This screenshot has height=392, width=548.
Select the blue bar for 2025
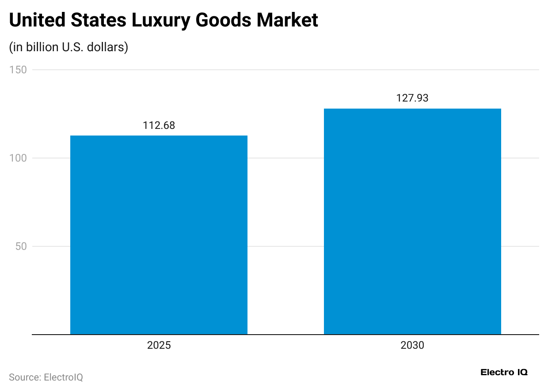click(159, 235)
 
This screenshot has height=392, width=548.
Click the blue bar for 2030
click(412, 222)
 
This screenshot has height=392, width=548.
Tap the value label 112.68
click(159, 126)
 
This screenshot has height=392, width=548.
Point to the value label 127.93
click(412, 98)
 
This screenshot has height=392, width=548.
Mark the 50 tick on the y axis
click(21, 246)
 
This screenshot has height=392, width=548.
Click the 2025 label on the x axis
click(159, 345)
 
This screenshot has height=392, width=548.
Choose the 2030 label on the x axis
click(412, 345)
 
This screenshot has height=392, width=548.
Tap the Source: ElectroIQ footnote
click(46, 377)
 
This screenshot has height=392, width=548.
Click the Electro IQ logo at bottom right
click(504, 372)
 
